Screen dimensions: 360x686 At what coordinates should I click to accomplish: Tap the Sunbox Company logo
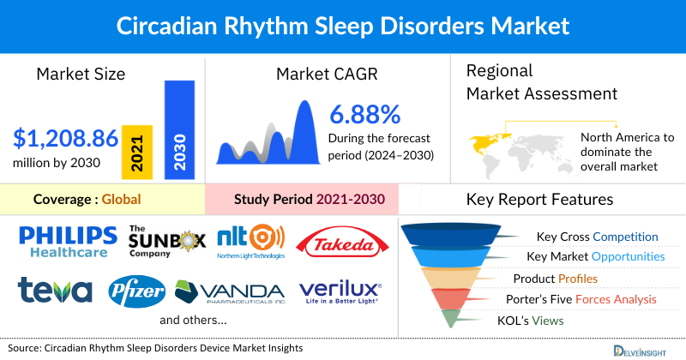[x=166, y=242]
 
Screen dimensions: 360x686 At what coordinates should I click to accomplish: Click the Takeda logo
[x=340, y=243]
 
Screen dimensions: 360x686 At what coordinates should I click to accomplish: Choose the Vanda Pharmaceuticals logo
[x=230, y=291]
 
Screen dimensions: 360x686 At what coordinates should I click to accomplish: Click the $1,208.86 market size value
[x=64, y=136]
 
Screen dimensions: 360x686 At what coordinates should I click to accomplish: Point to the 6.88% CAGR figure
[x=364, y=114]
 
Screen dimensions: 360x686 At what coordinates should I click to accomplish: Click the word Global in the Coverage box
[x=121, y=200]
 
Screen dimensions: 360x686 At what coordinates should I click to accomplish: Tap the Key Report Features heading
[x=539, y=200]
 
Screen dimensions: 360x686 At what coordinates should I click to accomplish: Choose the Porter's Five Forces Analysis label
[x=583, y=299]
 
